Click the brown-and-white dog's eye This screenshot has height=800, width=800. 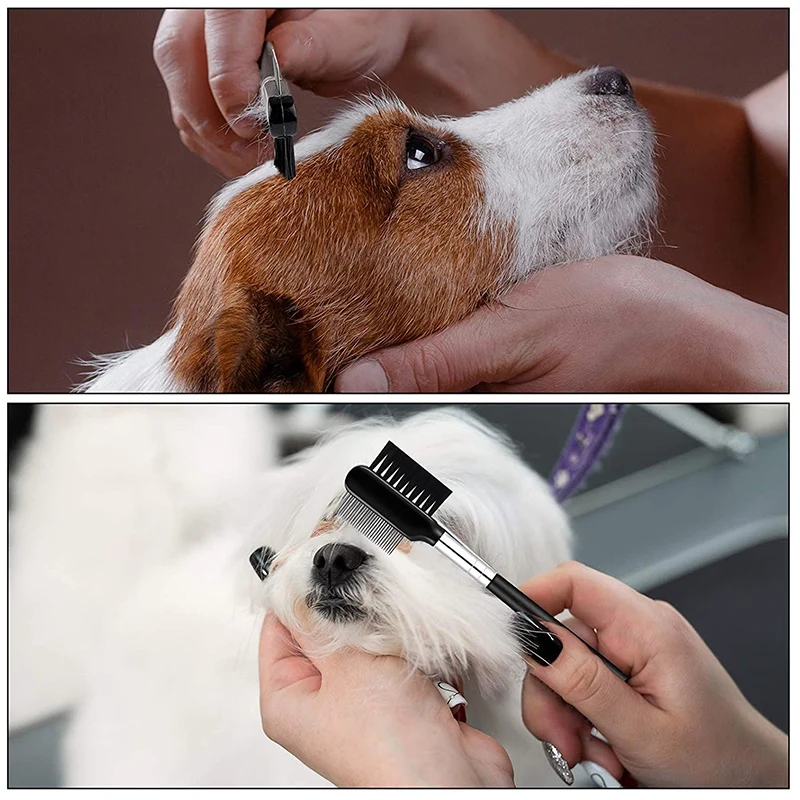tap(421, 152)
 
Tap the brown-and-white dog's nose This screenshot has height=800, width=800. tap(609, 82)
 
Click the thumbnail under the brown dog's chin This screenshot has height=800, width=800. tap(362, 376)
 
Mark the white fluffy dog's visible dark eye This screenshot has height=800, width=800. tap(262, 561)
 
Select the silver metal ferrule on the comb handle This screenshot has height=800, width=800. tap(464, 560)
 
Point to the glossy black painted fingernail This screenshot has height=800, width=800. tap(541, 639)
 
